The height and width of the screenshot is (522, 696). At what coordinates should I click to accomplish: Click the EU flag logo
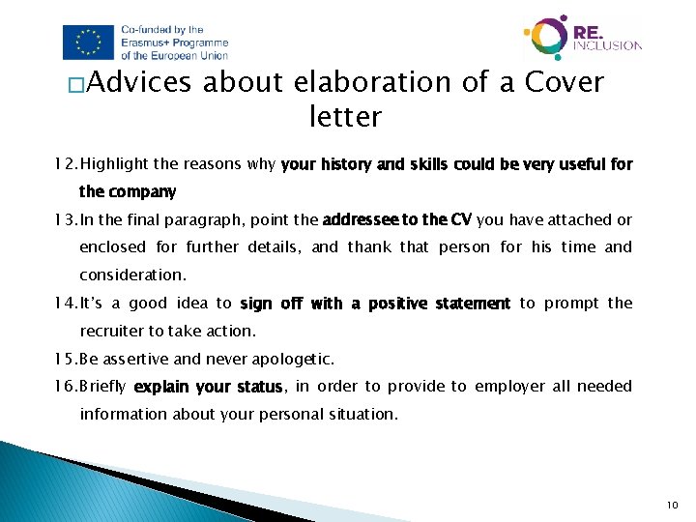pos(88,42)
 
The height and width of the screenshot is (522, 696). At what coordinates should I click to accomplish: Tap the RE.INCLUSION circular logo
pos(546,38)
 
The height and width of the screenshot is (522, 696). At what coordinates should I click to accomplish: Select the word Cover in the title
pos(564,83)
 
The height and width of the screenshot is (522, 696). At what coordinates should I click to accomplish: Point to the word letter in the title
pos(345,118)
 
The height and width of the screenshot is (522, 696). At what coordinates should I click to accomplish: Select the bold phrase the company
pos(128,191)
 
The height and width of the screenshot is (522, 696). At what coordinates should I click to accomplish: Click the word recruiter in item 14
pos(113,331)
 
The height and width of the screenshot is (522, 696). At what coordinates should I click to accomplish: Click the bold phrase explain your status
pos(207,388)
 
